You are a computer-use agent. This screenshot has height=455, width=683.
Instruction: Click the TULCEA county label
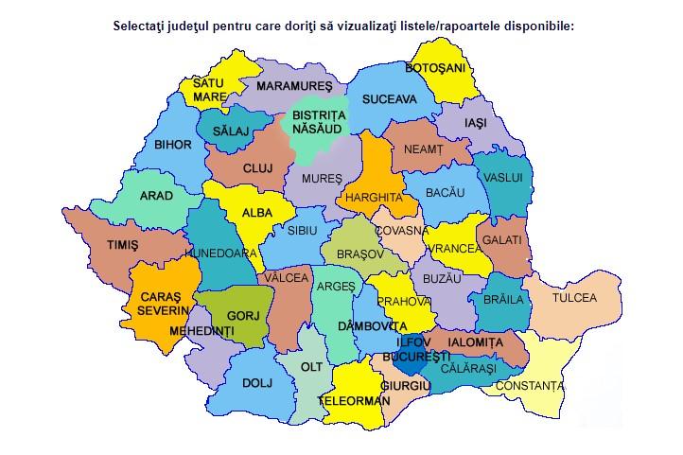(575, 297)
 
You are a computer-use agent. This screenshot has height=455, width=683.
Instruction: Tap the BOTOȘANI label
(435, 68)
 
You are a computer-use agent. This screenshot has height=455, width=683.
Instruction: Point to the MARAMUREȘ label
(295, 86)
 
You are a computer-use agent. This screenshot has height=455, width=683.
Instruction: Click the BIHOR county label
(172, 145)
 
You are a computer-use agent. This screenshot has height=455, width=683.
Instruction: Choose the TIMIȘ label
(122, 244)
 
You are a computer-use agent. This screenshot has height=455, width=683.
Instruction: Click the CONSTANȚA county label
(530, 386)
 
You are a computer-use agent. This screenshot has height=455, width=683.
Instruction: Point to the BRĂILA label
(503, 300)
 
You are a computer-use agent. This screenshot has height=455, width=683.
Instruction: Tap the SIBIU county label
(303, 230)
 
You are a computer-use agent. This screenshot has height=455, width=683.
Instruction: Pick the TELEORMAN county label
(355, 401)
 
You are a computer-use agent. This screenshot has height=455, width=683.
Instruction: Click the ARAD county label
(156, 196)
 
